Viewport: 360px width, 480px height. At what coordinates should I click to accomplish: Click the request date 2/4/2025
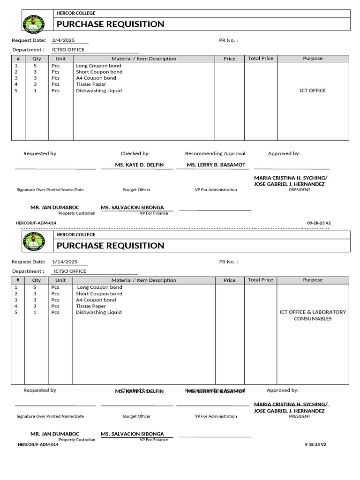pyautogui.click(x=63, y=40)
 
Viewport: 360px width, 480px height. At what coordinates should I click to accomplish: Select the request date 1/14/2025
pyautogui.click(x=64, y=262)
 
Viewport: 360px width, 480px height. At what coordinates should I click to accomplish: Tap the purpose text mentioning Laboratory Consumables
pyautogui.click(x=313, y=315)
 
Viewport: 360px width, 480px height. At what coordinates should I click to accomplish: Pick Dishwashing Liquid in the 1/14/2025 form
pyautogui.click(x=98, y=312)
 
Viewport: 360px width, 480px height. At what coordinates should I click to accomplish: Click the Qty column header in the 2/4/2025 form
pyautogui.click(x=37, y=59)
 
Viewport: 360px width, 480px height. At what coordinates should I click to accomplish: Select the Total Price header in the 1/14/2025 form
pyautogui.click(x=261, y=280)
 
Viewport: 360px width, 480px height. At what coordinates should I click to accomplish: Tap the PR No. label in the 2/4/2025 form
pyautogui.click(x=228, y=40)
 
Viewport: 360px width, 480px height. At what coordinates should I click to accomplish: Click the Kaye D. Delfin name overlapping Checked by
pyautogui.click(x=139, y=391)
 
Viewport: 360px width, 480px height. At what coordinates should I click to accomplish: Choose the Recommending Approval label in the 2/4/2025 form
pyautogui.click(x=215, y=153)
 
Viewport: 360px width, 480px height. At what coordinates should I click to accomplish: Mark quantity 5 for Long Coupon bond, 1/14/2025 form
pyautogui.click(x=35, y=287)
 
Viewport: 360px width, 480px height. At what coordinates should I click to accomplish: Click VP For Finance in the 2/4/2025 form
pyautogui.click(x=153, y=213)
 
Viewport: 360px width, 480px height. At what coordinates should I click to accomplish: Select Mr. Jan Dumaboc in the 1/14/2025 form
pyautogui.click(x=55, y=434)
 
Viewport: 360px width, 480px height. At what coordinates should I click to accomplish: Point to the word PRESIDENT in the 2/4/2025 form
pyautogui.click(x=299, y=190)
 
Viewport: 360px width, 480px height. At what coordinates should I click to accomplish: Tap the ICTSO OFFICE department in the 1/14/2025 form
pyautogui.click(x=70, y=271)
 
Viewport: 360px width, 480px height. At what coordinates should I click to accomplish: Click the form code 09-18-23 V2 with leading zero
pyautogui.click(x=319, y=223)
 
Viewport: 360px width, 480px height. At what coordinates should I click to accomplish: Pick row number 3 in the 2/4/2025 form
pyautogui.click(x=16, y=78)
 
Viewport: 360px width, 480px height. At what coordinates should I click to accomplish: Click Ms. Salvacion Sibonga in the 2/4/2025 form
pyautogui.click(x=132, y=208)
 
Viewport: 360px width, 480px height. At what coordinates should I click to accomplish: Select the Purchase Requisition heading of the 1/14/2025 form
pyautogui.click(x=110, y=246)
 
